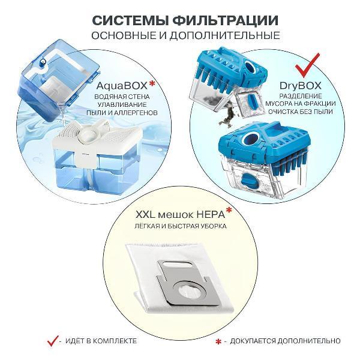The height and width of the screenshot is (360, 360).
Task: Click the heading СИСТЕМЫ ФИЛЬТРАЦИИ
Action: point(179,20)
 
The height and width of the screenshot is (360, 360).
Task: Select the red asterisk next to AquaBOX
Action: point(154,82)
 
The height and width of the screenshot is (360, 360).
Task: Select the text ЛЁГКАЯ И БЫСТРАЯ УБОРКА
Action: point(179,227)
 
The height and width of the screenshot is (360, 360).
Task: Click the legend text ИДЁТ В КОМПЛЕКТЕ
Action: point(101,341)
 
